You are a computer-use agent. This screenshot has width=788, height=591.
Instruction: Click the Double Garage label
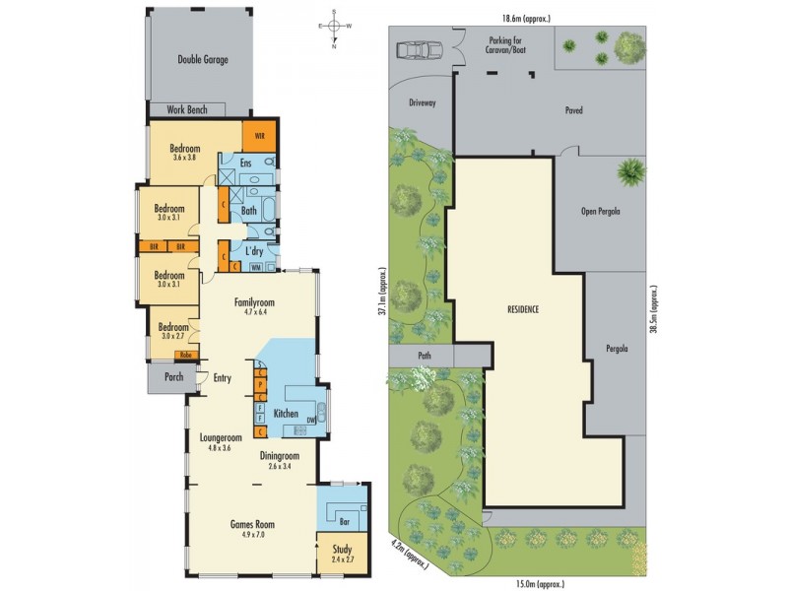click(203, 60)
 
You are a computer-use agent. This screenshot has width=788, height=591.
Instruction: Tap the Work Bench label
click(187, 109)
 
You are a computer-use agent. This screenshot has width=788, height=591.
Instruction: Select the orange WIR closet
click(260, 136)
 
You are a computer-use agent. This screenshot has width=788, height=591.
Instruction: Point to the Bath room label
click(249, 210)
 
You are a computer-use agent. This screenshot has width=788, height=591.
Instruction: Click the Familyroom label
click(254, 302)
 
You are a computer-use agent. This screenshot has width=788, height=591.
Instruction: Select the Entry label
click(223, 377)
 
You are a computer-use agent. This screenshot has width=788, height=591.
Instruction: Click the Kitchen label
click(287, 414)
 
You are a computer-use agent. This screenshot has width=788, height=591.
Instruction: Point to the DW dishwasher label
click(310, 420)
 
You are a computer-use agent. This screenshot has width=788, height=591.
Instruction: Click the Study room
click(342, 556)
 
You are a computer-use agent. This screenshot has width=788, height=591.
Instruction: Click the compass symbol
click(335, 28)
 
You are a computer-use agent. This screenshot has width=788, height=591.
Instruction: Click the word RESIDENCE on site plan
click(523, 308)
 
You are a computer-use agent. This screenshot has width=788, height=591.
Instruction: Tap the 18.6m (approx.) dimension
click(523, 18)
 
